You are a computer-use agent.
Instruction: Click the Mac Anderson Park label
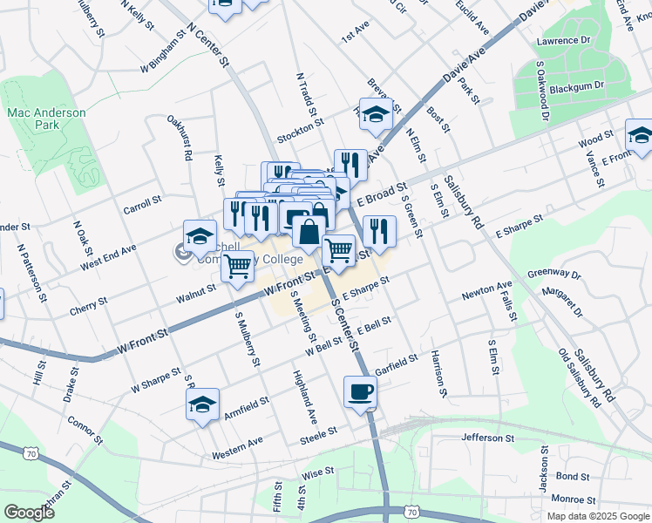tap(47, 119)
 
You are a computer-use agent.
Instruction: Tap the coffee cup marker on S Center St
tap(359, 391)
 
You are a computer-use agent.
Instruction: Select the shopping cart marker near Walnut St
tap(237, 267)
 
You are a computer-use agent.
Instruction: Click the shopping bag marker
tap(309, 233)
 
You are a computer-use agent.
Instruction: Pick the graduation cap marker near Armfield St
tap(202, 404)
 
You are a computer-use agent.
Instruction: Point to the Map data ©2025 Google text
tap(599, 516)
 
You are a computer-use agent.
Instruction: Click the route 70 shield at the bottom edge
tap(410, 512)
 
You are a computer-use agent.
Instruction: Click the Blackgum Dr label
tap(581, 86)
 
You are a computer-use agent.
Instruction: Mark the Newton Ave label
tap(491, 287)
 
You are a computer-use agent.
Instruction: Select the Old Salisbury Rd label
tap(580, 378)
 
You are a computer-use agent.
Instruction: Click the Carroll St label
tap(143, 205)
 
